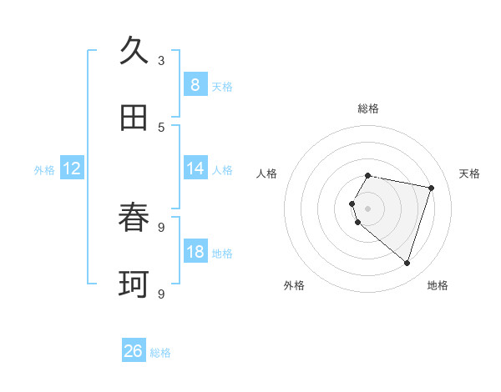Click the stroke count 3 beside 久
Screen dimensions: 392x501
[x=161, y=60]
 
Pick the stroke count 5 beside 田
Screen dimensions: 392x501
[x=161, y=127]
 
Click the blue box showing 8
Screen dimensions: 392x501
[x=195, y=84]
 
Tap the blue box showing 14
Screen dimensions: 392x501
[x=195, y=168]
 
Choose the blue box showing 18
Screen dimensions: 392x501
[x=195, y=252]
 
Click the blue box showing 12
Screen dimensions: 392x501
[x=71, y=168]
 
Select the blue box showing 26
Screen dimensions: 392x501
[x=134, y=351]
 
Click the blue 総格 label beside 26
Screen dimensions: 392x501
[x=160, y=353]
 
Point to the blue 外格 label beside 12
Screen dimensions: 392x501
[x=44, y=169]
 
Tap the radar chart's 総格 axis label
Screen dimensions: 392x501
[x=367, y=108]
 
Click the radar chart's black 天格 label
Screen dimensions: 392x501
[x=469, y=173]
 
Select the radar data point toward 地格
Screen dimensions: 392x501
[x=407, y=263]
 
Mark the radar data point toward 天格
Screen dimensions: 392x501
[x=431, y=188]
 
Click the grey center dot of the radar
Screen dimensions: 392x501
[x=367, y=209]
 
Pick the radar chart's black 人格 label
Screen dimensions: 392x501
[x=266, y=173]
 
